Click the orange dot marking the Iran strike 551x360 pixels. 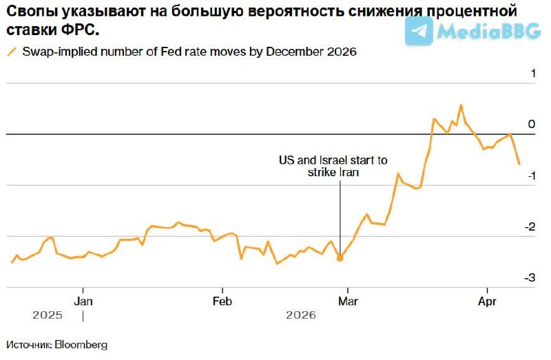[x=340, y=258]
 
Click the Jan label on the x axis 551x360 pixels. [x=83, y=301]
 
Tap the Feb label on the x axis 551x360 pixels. [x=222, y=301]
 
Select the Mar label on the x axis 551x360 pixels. [x=349, y=301]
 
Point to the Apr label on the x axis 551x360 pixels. [x=487, y=301]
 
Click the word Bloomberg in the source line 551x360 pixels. [x=82, y=344]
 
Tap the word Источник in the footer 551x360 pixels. [x=30, y=344]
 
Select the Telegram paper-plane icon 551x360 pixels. [x=419, y=30]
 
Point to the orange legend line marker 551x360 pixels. [x=11, y=52]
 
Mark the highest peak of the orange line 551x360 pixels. [x=460, y=105]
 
